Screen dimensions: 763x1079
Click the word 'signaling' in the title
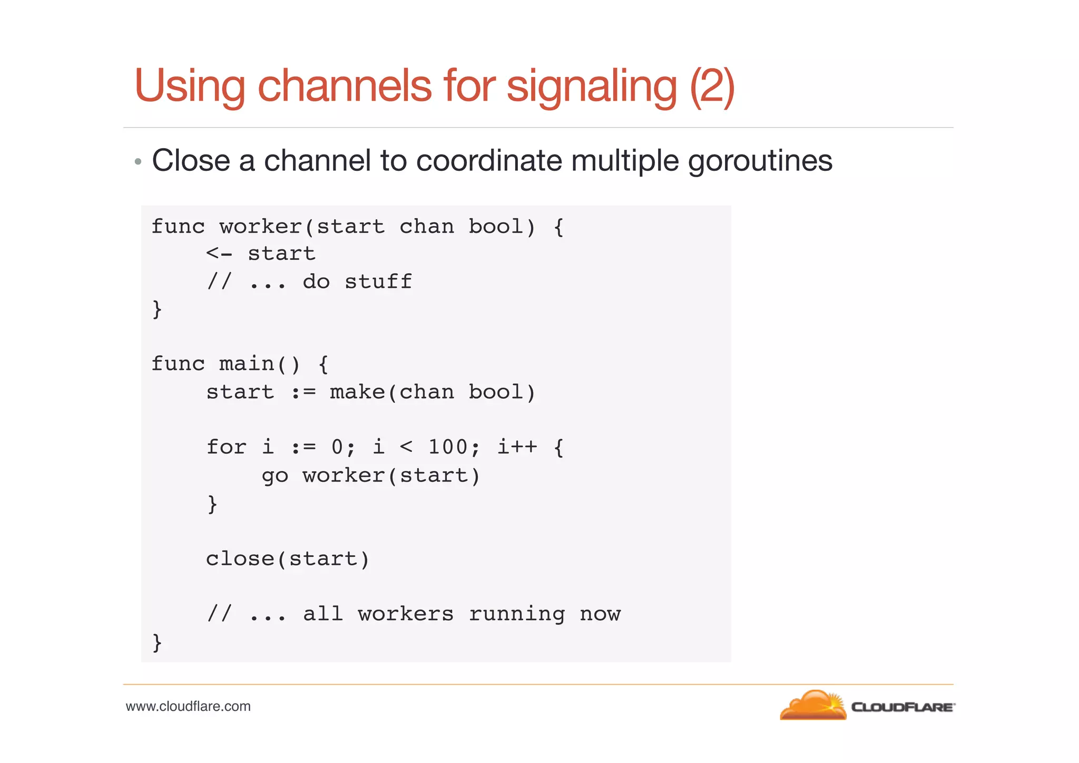click(x=591, y=87)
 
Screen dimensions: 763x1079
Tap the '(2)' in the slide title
click(x=712, y=87)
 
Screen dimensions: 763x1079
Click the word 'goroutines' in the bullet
click(x=760, y=161)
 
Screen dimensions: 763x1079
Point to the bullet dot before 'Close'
click(x=138, y=162)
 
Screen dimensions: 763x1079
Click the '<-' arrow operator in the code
click(x=219, y=254)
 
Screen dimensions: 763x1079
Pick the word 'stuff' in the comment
click(x=378, y=282)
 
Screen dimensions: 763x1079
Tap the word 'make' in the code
click(x=357, y=392)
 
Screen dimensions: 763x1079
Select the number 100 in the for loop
click(x=447, y=447)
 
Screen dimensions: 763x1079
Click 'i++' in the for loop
click(x=517, y=447)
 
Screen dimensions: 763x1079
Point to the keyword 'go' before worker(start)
click(x=274, y=476)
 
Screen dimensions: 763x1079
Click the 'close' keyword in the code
click(x=240, y=559)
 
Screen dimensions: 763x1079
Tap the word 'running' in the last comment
click(x=516, y=614)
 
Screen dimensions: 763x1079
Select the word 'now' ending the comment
click(x=600, y=614)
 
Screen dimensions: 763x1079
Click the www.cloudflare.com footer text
click(x=188, y=707)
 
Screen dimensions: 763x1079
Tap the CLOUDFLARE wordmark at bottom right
click(x=903, y=707)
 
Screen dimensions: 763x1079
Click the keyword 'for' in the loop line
click(x=226, y=447)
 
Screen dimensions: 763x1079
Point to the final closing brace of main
click(x=156, y=642)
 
